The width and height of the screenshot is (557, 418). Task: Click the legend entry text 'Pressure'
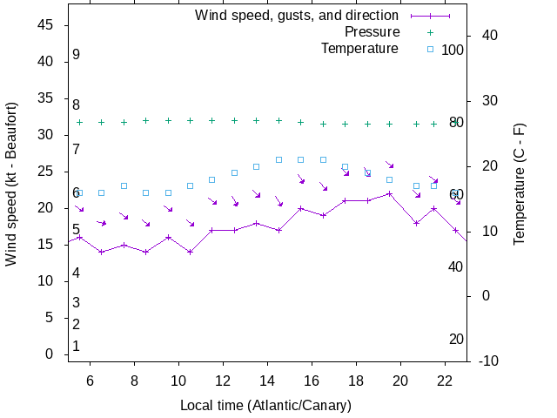coord(372,32)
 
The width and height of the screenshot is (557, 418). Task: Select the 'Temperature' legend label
coord(359,48)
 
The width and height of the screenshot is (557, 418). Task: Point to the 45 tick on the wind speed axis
coord(47,26)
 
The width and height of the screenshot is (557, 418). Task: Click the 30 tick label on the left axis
coord(47,136)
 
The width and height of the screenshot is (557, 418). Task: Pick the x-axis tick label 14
coord(267,381)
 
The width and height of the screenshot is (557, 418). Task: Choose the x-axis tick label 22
coord(445,381)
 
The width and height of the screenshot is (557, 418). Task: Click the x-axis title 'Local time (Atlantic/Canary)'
coord(266,405)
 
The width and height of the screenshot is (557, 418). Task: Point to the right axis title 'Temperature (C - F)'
coord(520,183)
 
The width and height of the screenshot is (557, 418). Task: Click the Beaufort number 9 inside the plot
coord(77,55)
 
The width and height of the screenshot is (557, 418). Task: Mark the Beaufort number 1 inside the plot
coord(77,347)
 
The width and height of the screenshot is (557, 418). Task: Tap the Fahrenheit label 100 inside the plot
coord(453,50)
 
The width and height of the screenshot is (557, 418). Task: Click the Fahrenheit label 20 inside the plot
coord(456,340)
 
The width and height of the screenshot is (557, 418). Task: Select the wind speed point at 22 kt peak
coord(390,193)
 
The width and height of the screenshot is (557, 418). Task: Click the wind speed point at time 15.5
coord(301,208)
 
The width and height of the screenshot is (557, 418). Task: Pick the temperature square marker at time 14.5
coord(278,159)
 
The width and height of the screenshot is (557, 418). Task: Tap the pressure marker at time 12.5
coord(234,120)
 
